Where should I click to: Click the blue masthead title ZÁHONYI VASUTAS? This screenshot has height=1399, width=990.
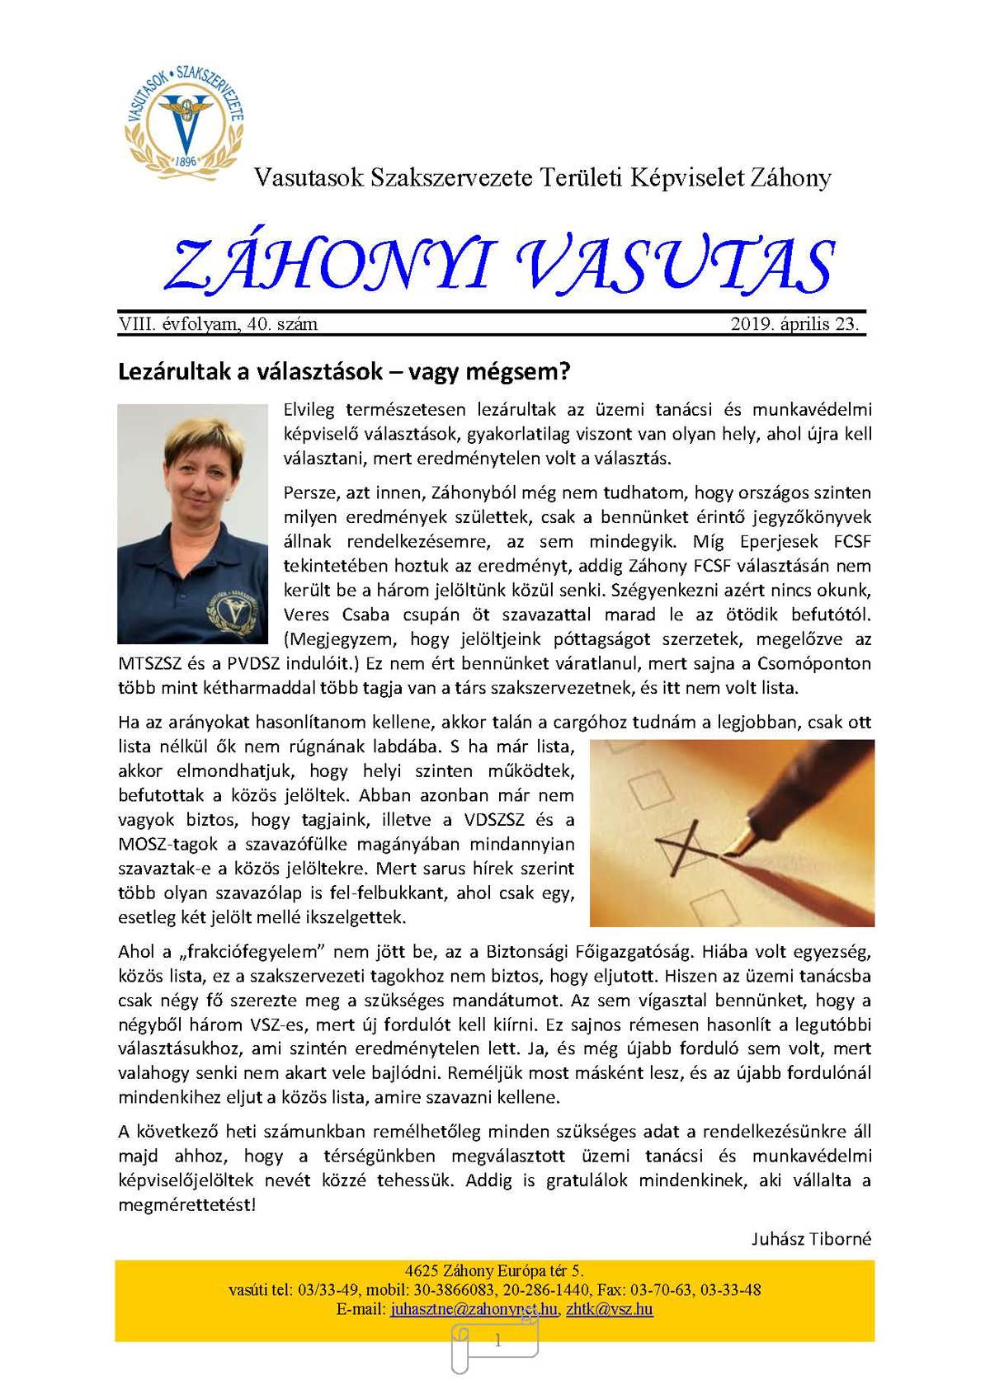(x=499, y=266)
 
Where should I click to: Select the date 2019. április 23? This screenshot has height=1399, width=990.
(x=794, y=324)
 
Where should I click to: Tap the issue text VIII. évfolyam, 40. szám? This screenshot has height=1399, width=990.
(x=219, y=324)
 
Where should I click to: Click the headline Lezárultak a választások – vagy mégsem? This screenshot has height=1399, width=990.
(x=344, y=371)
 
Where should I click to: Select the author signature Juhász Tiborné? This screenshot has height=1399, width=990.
(x=811, y=1239)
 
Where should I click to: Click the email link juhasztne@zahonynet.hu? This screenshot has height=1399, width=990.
(x=474, y=1309)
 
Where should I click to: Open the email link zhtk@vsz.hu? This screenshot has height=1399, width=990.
(x=610, y=1309)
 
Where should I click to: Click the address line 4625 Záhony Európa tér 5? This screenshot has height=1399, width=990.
(x=494, y=1270)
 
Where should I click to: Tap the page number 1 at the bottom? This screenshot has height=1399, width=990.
(x=497, y=1341)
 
